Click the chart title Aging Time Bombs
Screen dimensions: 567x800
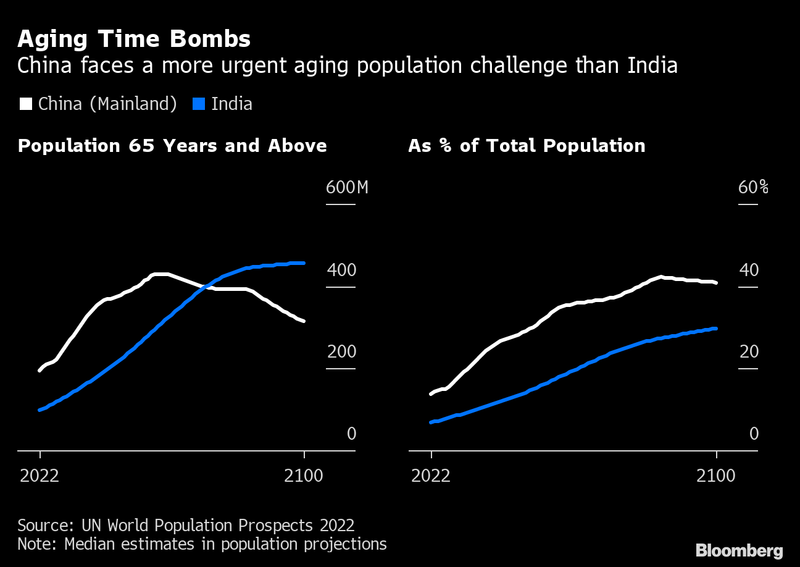click(x=134, y=39)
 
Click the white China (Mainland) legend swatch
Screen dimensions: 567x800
click(x=26, y=103)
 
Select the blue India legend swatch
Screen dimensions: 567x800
click(x=198, y=103)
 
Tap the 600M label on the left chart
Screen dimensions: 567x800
click(x=346, y=187)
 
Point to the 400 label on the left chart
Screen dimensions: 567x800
click(x=341, y=270)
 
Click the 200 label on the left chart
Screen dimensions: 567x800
click(x=341, y=351)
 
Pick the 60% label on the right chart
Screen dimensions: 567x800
click(x=753, y=187)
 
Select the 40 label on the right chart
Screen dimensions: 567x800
click(x=748, y=270)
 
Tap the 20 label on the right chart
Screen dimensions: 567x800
click(x=748, y=351)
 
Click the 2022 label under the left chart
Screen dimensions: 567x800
click(x=40, y=476)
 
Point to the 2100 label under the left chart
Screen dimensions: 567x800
click(x=304, y=476)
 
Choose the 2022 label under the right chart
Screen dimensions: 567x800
click(x=431, y=476)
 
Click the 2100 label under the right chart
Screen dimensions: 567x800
click(x=716, y=476)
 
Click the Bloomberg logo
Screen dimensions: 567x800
click(x=739, y=550)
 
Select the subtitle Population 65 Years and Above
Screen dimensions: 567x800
click(x=172, y=146)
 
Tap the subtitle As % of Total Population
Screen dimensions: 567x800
click(x=527, y=146)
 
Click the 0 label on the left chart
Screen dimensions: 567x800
click(x=351, y=434)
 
